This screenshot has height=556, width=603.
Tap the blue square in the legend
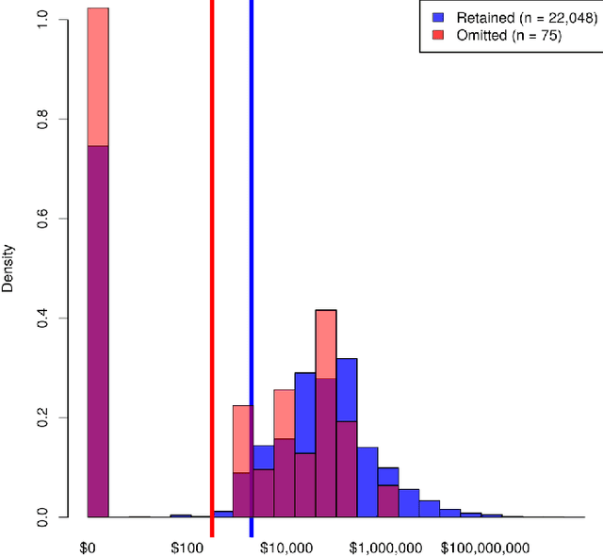point(438,18)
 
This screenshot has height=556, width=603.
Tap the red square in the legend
point(438,35)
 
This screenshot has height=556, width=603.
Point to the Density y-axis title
point(9,269)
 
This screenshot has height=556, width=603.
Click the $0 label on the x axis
point(88,548)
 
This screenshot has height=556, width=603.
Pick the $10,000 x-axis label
point(286,548)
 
